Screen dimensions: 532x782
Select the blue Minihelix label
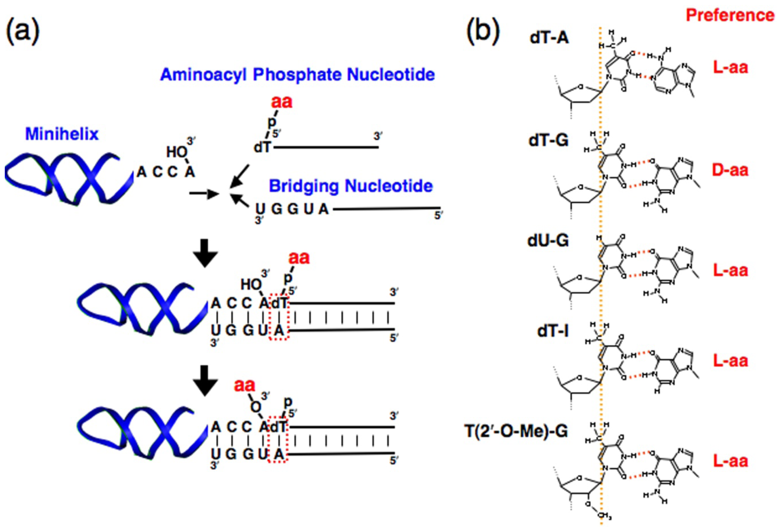pyautogui.click(x=62, y=134)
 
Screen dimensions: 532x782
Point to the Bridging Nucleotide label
pyautogui.click(x=351, y=186)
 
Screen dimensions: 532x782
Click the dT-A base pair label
pyautogui.click(x=549, y=38)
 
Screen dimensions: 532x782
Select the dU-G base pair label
pyautogui.click(x=548, y=240)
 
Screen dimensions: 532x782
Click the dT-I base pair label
pyautogui.click(x=553, y=331)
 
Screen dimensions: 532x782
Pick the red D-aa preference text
pyautogui.click(x=730, y=170)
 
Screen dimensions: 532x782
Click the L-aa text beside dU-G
pyautogui.click(x=730, y=270)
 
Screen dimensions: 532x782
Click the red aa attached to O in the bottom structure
pyautogui.click(x=245, y=385)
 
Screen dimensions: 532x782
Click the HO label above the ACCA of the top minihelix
pyautogui.click(x=177, y=152)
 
